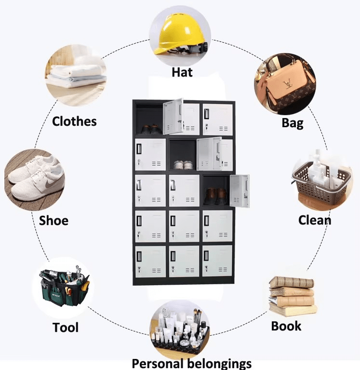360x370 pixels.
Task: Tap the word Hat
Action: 182,72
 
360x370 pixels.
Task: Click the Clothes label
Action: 74,121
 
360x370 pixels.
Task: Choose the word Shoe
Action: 53,220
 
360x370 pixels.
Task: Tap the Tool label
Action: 66,328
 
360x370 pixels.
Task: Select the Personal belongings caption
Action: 191,364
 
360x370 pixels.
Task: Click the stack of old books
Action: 293,296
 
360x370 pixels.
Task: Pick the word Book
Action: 286,326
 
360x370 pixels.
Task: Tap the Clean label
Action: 315,220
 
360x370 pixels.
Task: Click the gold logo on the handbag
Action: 287,84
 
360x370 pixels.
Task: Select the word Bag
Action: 293,123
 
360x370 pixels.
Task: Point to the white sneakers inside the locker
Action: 184,165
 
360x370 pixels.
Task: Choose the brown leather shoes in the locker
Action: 215,196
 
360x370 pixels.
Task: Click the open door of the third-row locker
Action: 240,191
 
